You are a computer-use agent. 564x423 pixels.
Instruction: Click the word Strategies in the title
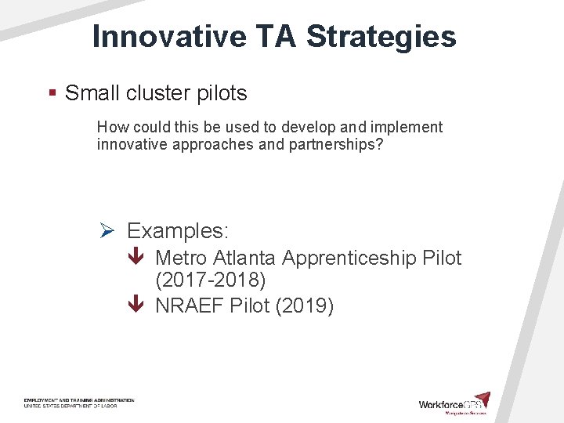click(x=381, y=36)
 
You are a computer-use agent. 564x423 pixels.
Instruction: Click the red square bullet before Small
click(x=52, y=93)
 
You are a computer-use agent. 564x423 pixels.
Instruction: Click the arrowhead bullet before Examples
click(x=108, y=231)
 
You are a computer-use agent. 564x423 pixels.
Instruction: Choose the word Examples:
click(x=178, y=231)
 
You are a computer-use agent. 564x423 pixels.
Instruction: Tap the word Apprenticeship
click(x=349, y=258)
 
